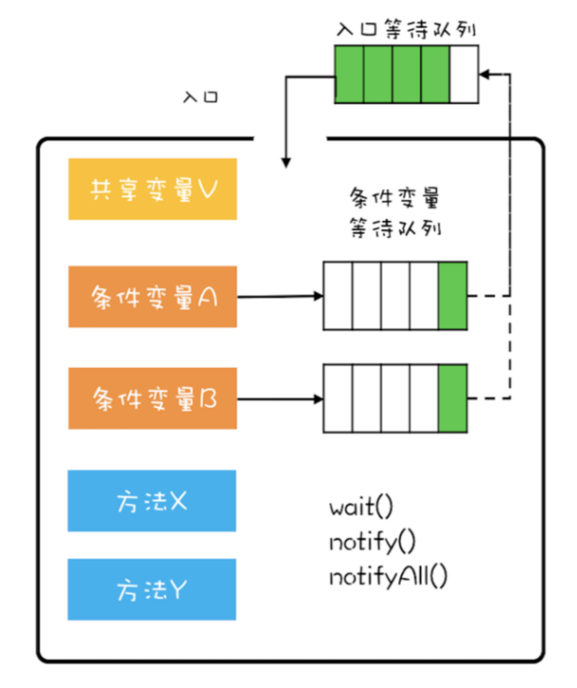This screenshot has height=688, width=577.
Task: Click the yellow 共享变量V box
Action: (x=151, y=188)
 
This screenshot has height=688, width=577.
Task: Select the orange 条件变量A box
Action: (x=151, y=297)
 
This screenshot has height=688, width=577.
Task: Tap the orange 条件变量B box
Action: (x=151, y=398)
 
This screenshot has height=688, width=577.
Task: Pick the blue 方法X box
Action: (x=151, y=500)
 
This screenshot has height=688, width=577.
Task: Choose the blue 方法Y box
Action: (x=151, y=589)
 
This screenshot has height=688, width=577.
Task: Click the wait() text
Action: (x=360, y=506)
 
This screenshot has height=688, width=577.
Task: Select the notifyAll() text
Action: (x=388, y=576)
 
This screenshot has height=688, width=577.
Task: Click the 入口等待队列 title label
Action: (x=406, y=28)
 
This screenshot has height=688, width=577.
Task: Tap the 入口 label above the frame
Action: (x=200, y=96)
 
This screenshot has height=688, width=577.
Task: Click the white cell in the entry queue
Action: (x=463, y=74)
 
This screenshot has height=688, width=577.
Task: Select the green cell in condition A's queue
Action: (x=452, y=296)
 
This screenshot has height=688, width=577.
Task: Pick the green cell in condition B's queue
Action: (x=452, y=398)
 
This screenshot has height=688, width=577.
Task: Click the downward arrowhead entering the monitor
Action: (x=285, y=162)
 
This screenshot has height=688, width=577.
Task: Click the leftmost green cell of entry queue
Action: (x=349, y=74)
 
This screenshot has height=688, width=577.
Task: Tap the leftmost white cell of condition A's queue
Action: (x=338, y=296)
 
